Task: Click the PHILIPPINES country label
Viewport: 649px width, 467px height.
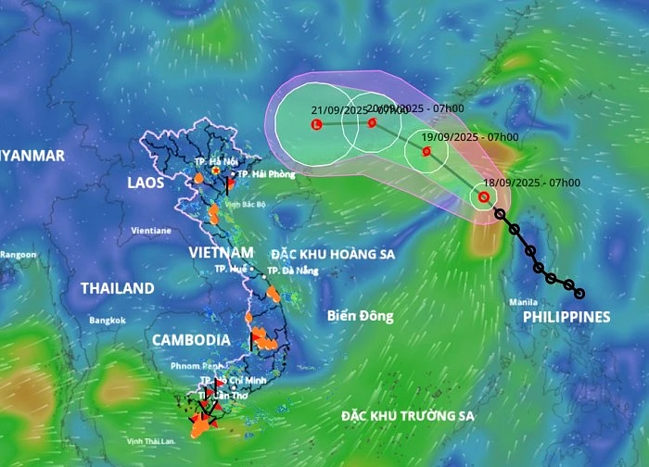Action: click(x=566, y=317)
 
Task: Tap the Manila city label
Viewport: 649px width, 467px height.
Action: click(x=522, y=303)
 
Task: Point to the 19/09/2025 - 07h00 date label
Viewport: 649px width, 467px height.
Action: click(x=469, y=137)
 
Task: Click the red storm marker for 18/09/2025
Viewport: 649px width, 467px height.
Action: click(x=483, y=196)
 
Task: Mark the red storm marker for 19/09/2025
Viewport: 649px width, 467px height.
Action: click(x=426, y=151)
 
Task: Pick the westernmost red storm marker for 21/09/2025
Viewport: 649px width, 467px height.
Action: click(x=317, y=124)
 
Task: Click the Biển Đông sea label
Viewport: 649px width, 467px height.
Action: click(x=360, y=316)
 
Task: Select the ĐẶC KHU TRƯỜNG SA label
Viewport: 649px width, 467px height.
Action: click(x=406, y=416)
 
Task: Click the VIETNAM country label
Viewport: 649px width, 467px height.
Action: click(x=221, y=252)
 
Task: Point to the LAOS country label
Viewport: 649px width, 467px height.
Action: click(x=146, y=183)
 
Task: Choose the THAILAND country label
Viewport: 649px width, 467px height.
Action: click(x=117, y=288)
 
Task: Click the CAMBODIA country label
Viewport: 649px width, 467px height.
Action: click(x=192, y=339)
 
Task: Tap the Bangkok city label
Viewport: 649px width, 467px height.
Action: click(x=107, y=321)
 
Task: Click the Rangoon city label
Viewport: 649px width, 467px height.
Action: click(x=19, y=254)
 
